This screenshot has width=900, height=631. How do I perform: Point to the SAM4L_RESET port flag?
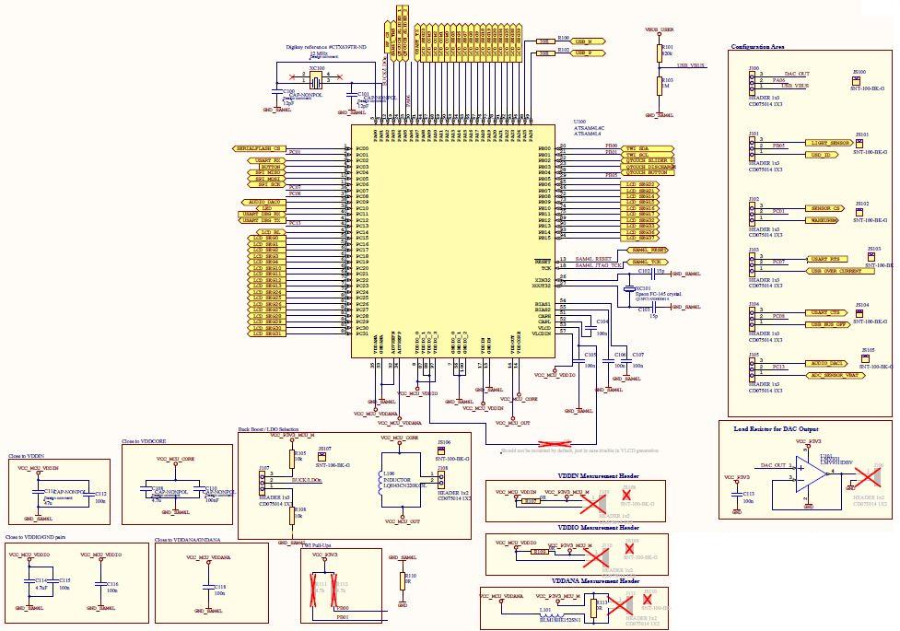click(x=649, y=250)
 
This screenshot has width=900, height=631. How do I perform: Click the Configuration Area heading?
click(x=758, y=47)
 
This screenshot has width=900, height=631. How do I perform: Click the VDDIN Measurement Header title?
click(x=599, y=474)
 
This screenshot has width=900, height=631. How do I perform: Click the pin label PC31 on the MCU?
click(x=361, y=334)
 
